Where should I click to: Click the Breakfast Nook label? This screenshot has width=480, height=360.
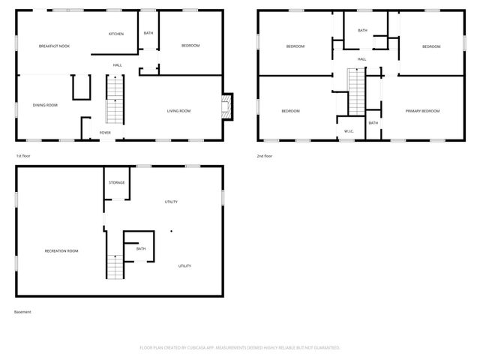click(54, 46)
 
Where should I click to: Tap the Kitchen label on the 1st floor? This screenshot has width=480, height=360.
click(115, 34)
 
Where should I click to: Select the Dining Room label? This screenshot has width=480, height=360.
click(45, 105)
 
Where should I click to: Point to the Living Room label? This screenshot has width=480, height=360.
click(178, 111)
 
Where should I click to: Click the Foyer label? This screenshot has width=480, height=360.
click(105, 133)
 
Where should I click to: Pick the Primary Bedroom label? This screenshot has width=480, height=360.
click(422, 111)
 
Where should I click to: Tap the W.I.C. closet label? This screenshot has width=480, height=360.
click(349, 132)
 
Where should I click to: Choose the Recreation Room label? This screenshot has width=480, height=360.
click(61, 250)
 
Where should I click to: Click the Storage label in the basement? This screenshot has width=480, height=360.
click(116, 182)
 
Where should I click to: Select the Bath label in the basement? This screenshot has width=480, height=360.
click(141, 248)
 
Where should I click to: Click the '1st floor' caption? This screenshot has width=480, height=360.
click(23, 155)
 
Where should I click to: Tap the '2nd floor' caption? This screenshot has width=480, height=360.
click(264, 155)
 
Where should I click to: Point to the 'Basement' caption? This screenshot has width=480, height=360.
click(22, 311)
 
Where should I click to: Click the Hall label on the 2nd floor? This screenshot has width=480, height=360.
click(361, 59)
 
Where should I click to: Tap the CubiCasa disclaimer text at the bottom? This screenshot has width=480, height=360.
click(240, 348)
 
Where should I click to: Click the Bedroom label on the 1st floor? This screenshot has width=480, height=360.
click(190, 46)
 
